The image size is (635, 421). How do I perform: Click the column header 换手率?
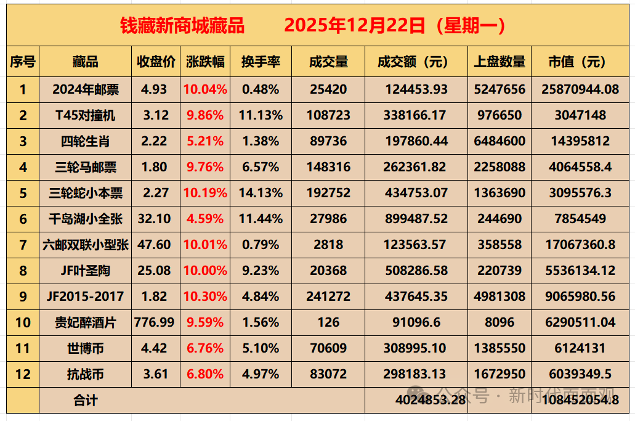(x=261, y=62)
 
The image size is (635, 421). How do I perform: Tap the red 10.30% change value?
(x=205, y=296)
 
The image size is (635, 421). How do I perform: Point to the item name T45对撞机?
(x=85, y=115)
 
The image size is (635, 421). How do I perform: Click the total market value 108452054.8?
(x=580, y=399)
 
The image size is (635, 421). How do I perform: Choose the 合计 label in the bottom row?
(x=85, y=400)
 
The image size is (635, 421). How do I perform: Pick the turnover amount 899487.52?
(x=416, y=219)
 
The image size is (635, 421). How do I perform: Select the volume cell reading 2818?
(x=328, y=245)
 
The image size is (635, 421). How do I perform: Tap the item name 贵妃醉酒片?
(x=85, y=322)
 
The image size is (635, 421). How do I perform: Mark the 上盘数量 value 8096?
(x=500, y=322)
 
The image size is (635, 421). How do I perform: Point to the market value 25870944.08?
(x=580, y=89)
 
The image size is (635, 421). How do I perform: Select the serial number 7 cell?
(x=23, y=245)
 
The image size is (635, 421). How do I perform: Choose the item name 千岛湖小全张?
(x=85, y=219)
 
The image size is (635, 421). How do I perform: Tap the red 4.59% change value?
(x=205, y=219)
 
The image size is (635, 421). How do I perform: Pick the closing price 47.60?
(x=155, y=245)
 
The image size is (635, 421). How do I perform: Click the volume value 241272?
(x=328, y=296)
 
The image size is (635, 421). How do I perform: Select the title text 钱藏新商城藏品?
(x=182, y=26)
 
